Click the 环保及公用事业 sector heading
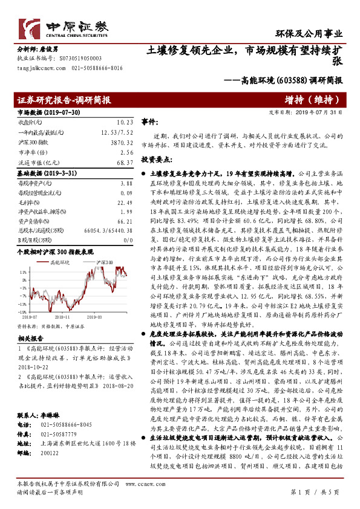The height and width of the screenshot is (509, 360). [318, 34]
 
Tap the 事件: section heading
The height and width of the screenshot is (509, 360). [149, 122]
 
